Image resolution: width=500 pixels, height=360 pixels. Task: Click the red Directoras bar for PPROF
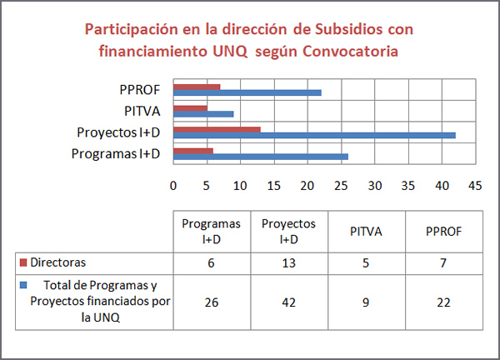[197, 87]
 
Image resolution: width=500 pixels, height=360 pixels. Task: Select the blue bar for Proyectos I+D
[314, 135]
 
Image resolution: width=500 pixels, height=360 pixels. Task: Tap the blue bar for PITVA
[203, 113]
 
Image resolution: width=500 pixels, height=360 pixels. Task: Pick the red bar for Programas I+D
[193, 150]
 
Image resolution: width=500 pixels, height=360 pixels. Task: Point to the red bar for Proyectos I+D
[217, 129]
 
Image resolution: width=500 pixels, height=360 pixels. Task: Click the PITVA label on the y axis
[146, 111]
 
